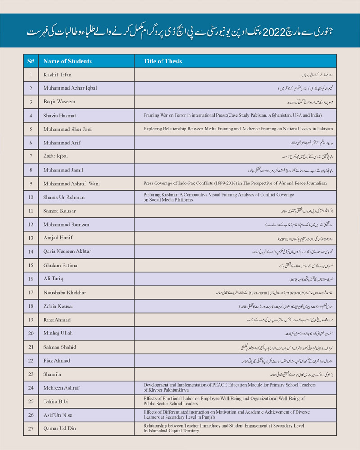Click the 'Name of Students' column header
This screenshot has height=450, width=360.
tap(67, 61)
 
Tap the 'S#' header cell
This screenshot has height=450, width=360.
tap(31, 61)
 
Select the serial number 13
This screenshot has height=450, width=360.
tap(31, 238)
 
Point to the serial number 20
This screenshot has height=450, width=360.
tap(31, 333)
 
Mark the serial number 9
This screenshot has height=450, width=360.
tap(31, 184)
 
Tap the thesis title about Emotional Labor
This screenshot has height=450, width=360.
tap(224, 401)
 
